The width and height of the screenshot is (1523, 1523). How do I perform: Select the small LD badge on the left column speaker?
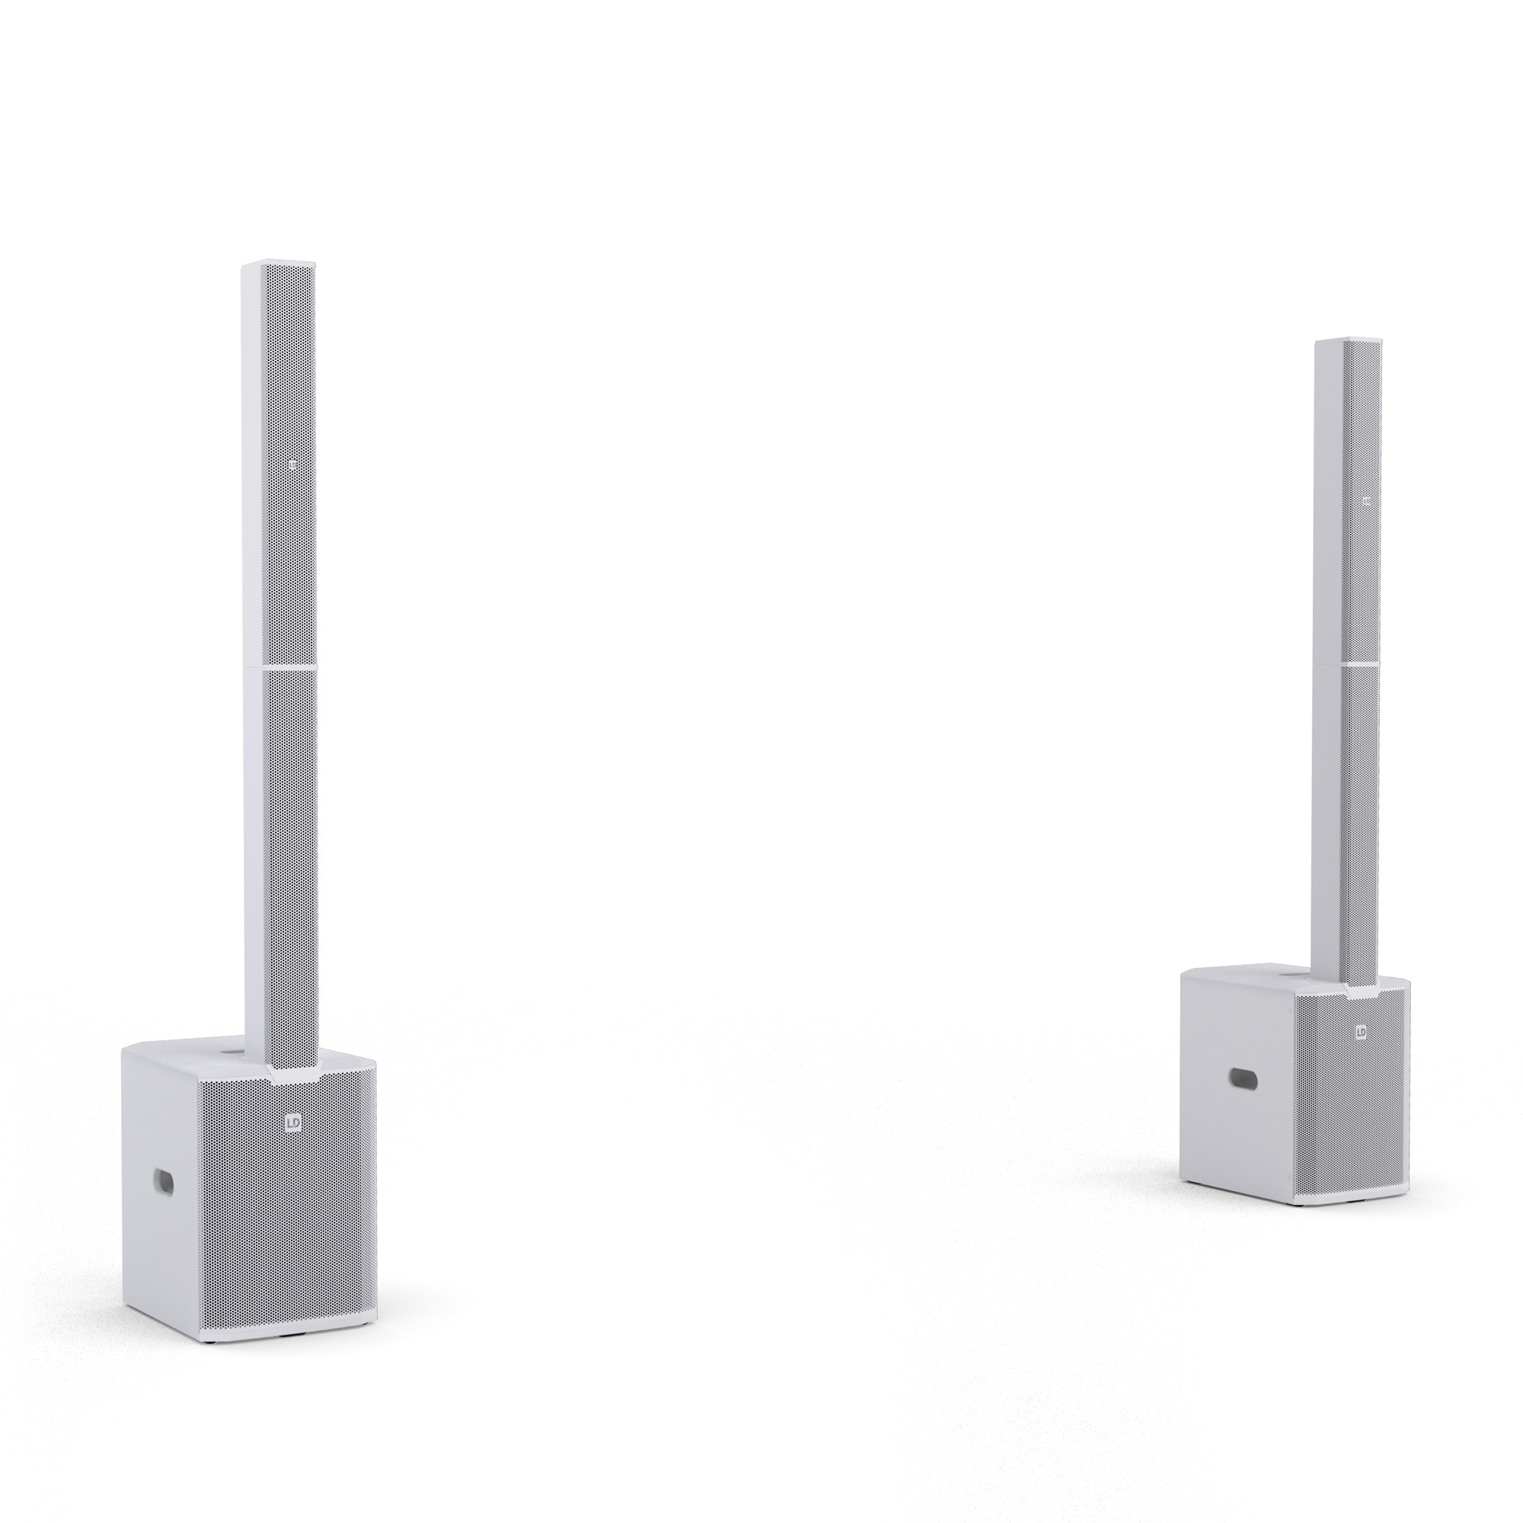[x=295, y=467]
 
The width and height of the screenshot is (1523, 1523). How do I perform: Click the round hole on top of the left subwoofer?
[x=233, y=1053]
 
